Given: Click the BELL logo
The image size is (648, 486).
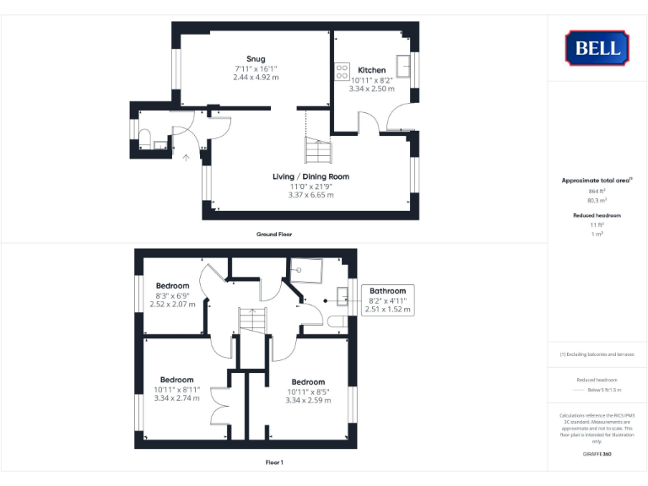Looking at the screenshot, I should point(597,48).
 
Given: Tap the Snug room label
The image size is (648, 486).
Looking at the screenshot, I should point(256,59).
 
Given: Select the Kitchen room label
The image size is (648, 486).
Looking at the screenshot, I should point(371,70).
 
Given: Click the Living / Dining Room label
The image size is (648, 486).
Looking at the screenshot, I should point(310,176).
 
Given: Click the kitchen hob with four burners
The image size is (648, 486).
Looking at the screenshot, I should point(343,73).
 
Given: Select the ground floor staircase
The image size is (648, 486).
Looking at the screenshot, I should point(318,151).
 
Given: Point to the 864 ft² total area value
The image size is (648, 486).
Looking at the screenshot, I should point(597,192).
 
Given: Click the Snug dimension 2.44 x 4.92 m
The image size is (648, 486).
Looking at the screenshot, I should point(256,77).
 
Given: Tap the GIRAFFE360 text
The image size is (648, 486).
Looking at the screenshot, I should point(597,455).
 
